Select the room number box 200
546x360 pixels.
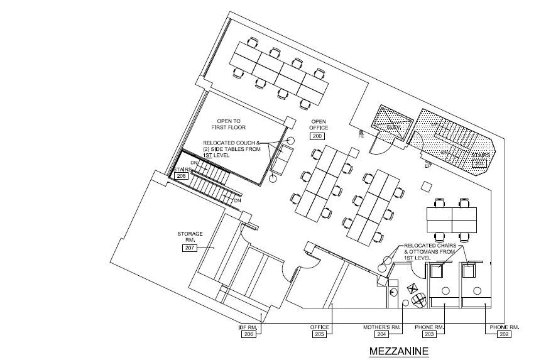[317, 136]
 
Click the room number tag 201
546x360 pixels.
[479, 164]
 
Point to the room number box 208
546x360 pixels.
[182, 177]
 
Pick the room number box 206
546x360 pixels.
[248, 335]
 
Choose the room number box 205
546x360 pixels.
[319, 335]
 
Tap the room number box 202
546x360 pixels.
[505, 335]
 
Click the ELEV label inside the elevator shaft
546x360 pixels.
[392, 126]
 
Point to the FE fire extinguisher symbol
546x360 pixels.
[361, 134]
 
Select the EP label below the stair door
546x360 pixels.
[427, 166]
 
